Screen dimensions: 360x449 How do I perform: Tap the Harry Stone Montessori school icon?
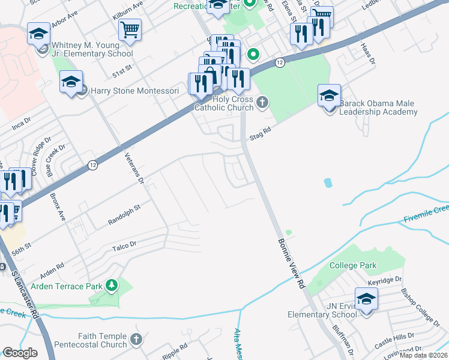tap(71, 83)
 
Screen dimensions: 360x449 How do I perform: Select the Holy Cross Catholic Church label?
tap(223, 103)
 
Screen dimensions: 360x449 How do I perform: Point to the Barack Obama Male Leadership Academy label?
tap(378, 107)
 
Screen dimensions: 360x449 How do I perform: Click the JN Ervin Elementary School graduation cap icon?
tap(366, 299)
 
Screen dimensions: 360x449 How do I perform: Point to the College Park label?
tap(352, 265)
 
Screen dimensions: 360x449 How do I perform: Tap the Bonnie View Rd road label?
tap(290, 263)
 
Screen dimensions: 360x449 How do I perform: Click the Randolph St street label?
tap(124, 214)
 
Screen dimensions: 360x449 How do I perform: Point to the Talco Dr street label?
tap(124, 245)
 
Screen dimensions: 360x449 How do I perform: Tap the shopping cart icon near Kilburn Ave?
tap(130, 29)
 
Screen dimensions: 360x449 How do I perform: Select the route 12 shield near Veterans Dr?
tap(92, 165)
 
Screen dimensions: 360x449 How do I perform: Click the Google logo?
tap(20, 353)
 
